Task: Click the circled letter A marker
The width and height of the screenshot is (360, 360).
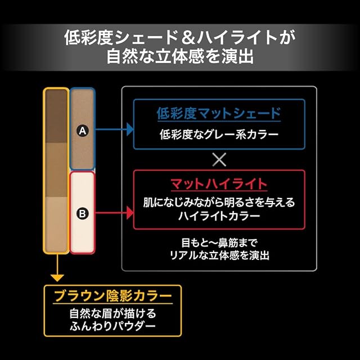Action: (x=82, y=130)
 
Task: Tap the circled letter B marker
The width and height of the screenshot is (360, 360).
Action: (x=82, y=214)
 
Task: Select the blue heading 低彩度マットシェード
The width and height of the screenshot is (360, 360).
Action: (x=218, y=114)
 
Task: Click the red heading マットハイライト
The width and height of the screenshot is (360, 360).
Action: (x=218, y=184)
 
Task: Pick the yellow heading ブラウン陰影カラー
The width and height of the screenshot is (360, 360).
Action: (x=112, y=295)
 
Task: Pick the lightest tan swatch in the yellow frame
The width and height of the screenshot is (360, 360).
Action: (x=56, y=224)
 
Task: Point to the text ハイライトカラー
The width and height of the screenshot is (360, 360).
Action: (x=218, y=215)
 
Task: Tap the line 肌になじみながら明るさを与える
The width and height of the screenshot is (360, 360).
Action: (x=218, y=201)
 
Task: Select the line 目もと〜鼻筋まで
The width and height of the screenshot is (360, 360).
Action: (x=219, y=244)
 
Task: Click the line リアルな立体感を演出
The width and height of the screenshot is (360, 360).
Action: (x=219, y=255)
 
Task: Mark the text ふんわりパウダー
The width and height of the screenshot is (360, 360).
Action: (x=112, y=326)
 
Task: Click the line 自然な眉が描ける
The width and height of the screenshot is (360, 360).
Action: (x=112, y=313)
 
